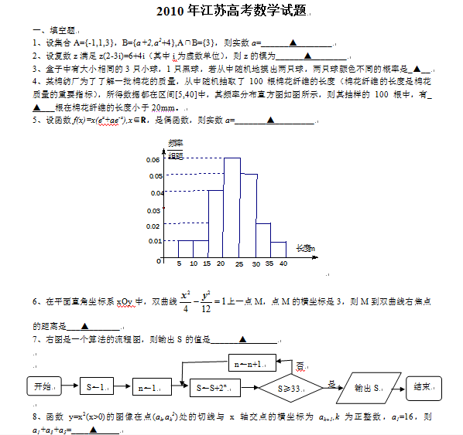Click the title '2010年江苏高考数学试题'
(231, 12)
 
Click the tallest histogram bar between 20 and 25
(232, 207)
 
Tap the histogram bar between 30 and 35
(263, 240)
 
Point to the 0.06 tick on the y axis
(153, 160)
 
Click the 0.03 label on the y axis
(153, 209)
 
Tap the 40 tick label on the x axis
(283, 264)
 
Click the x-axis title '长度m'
(305, 248)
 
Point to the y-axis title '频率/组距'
(176, 149)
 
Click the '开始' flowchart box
(42, 386)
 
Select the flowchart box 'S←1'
(98, 386)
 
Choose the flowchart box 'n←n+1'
(254, 362)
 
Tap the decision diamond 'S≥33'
(291, 387)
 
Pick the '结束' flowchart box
(423, 386)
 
